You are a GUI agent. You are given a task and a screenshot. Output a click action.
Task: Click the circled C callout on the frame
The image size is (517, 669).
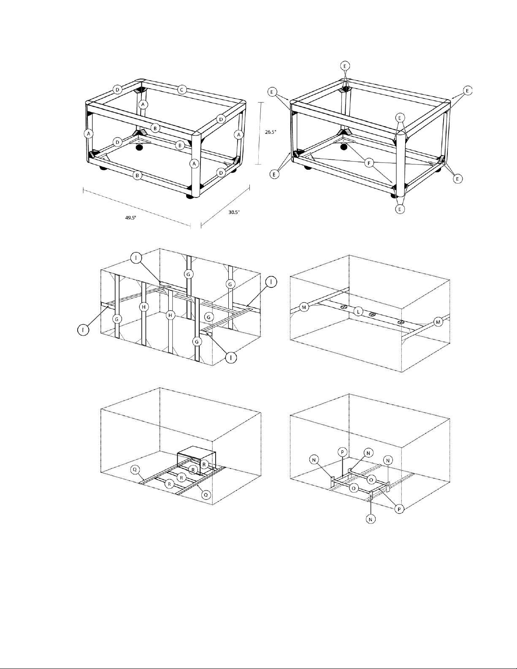pos(181,90)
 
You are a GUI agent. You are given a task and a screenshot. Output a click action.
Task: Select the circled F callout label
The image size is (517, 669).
pos(369,163)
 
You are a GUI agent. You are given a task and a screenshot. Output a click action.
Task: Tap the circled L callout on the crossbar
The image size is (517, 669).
pos(358,311)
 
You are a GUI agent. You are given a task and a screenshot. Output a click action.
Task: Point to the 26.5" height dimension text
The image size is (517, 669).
pos(271,132)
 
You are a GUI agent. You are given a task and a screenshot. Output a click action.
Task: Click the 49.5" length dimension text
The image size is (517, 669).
pos(130,218)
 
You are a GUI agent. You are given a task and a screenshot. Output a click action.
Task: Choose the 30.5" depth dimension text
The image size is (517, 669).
pos(234,212)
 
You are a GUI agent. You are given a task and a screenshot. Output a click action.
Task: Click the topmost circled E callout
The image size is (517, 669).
pos(345,66)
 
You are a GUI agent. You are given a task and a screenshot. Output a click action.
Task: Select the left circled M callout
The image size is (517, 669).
pos(304,307)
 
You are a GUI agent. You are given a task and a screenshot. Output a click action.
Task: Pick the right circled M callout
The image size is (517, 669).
pos(438,322)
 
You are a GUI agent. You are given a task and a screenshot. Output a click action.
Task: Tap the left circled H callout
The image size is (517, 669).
pos(144,306)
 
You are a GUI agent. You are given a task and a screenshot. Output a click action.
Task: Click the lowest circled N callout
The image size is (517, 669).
pos(371,519)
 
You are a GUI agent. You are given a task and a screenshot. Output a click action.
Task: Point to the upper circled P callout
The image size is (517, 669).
pos(343,452)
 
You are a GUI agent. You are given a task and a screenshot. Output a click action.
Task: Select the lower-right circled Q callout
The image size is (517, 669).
pos(206,495)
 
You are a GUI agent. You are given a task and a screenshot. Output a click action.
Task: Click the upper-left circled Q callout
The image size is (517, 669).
pos(135,469)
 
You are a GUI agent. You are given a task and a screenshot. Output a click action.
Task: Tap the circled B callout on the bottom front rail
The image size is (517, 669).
pos(137,176)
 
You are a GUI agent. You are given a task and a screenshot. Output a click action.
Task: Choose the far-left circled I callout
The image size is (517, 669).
pos(83,330)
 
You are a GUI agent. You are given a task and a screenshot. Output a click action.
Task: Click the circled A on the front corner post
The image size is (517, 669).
pos(194,163)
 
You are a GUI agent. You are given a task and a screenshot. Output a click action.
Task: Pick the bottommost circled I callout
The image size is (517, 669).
pos(231,357)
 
